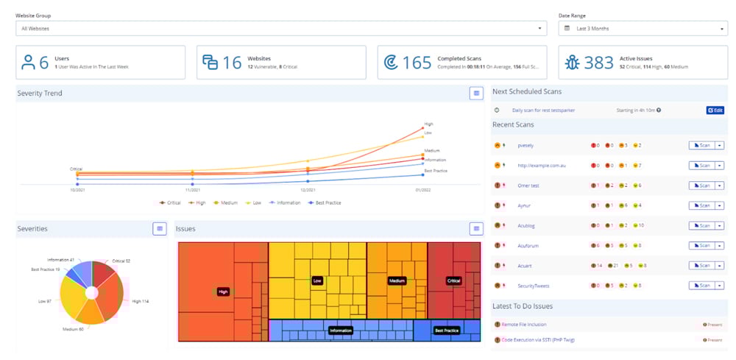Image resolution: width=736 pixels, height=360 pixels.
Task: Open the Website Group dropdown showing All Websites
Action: (x=280, y=29)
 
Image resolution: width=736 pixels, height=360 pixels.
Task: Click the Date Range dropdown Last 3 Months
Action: (x=643, y=29)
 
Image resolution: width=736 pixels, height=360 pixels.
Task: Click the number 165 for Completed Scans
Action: (x=417, y=63)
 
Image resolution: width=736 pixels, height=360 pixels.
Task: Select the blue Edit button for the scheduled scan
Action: (x=715, y=110)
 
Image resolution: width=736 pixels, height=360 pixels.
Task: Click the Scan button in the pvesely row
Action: (x=702, y=146)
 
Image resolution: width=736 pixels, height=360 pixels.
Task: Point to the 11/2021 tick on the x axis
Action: (x=192, y=189)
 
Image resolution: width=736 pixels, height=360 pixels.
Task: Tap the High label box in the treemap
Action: (x=224, y=292)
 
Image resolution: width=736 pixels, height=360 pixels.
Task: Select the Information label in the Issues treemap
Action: (x=341, y=331)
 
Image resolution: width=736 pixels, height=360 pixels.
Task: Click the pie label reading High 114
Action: (x=140, y=300)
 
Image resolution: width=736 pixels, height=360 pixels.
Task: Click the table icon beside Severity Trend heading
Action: (x=476, y=93)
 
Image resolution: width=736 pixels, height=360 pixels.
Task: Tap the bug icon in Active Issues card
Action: (x=571, y=63)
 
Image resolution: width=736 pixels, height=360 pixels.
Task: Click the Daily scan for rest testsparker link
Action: (x=543, y=110)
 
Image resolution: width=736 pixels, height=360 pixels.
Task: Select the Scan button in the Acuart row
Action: (x=702, y=265)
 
